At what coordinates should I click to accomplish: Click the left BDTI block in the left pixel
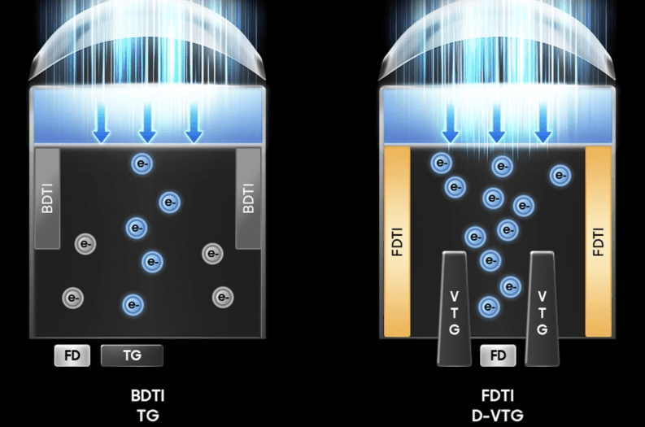[x=48, y=198]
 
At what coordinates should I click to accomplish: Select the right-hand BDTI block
[x=248, y=198]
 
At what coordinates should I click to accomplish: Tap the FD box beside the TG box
[x=72, y=355]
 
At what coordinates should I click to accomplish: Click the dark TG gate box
[x=132, y=355]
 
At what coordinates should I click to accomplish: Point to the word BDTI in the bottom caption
[x=147, y=396]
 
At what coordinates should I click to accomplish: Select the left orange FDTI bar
[x=397, y=242]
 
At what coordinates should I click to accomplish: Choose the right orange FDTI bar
[x=598, y=242]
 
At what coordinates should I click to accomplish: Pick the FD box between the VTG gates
[x=498, y=355]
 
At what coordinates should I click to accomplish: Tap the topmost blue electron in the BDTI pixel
[x=142, y=163]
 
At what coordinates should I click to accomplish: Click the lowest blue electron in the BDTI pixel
[x=133, y=305]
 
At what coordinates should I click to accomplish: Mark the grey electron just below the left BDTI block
[x=85, y=242]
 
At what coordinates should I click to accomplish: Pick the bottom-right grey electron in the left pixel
[x=221, y=298]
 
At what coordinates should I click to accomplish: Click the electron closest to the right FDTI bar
[x=560, y=175]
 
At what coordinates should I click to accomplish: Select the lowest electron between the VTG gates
[x=489, y=307]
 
